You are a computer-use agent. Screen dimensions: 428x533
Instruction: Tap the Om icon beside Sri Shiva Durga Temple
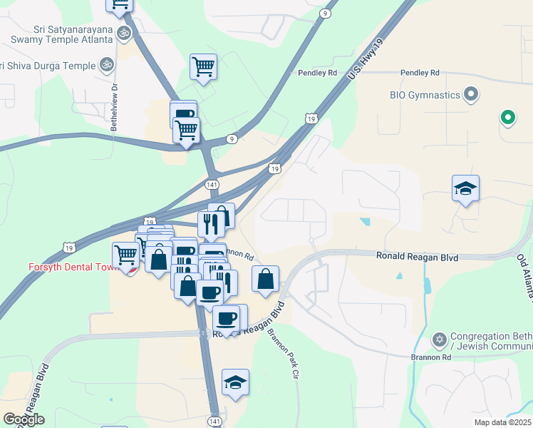pyautogui.click(x=107, y=65)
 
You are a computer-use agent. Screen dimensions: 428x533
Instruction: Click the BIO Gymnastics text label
pyautogui.click(x=424, y=94)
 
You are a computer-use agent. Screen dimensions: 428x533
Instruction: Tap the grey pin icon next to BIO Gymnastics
pyautogui.click(x=470, y=94)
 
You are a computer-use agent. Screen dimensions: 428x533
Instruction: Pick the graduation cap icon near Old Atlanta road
pyautogui.click(x=465, y=189)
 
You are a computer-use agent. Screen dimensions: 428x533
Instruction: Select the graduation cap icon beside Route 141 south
pyautogui.click(x=235, y=383)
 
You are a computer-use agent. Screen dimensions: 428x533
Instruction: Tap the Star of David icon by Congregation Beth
pyautogui.click(x=440, y=337)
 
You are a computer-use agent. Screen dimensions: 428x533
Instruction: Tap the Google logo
pyautogui.click(x=24, y=419)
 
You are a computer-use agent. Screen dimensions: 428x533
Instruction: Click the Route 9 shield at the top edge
pyautogui.click(x=325, y=14)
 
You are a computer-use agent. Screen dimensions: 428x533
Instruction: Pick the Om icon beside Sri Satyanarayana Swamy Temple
pyautogui.click(x=123, y=33)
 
